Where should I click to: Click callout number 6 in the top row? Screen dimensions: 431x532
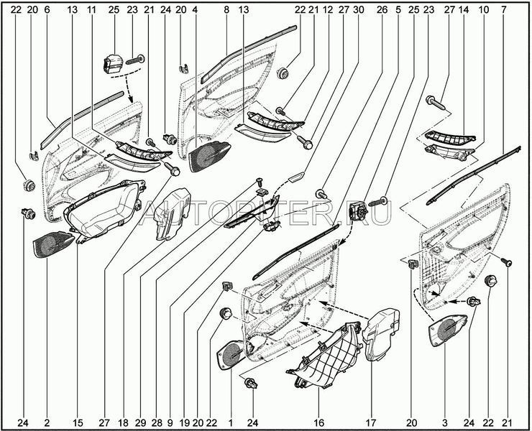click(x=47, y=11)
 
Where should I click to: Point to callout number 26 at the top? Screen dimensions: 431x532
click(x=382, y=11)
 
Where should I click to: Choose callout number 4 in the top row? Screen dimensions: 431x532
click(x=194, y=11)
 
